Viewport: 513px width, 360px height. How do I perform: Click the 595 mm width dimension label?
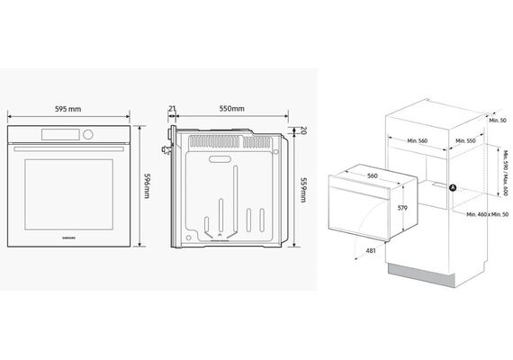[68, 109]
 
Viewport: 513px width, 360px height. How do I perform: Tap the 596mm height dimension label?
[147, 185]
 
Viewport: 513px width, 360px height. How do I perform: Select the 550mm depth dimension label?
[231, 108]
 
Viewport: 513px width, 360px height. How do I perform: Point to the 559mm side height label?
[303, 190]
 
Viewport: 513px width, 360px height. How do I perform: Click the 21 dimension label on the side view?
[172, 108]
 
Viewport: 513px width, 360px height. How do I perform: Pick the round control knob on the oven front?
[88, 134]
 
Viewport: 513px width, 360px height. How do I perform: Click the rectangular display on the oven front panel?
[60, 134]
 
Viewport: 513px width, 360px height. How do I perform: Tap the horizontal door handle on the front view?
[68, 148]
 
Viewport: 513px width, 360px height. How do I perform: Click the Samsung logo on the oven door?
[68, 238]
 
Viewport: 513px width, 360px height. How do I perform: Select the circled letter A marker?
[453, 188]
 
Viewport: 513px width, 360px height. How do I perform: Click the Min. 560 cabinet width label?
[417, 140]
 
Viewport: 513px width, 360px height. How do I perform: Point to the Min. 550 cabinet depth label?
[465, 140]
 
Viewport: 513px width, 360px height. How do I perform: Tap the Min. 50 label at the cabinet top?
[498, 121]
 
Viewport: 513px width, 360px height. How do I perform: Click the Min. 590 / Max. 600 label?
[506, 174]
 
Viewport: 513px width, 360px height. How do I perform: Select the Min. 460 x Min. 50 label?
[488, 214]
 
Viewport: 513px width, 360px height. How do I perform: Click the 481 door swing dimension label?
[371, 251]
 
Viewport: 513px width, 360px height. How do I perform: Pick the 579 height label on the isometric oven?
[402, 208]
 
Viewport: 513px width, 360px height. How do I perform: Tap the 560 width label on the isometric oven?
[373, 175]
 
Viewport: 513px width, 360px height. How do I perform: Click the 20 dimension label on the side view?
[302, 130]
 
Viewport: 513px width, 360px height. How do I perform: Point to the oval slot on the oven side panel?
[220, 159]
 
